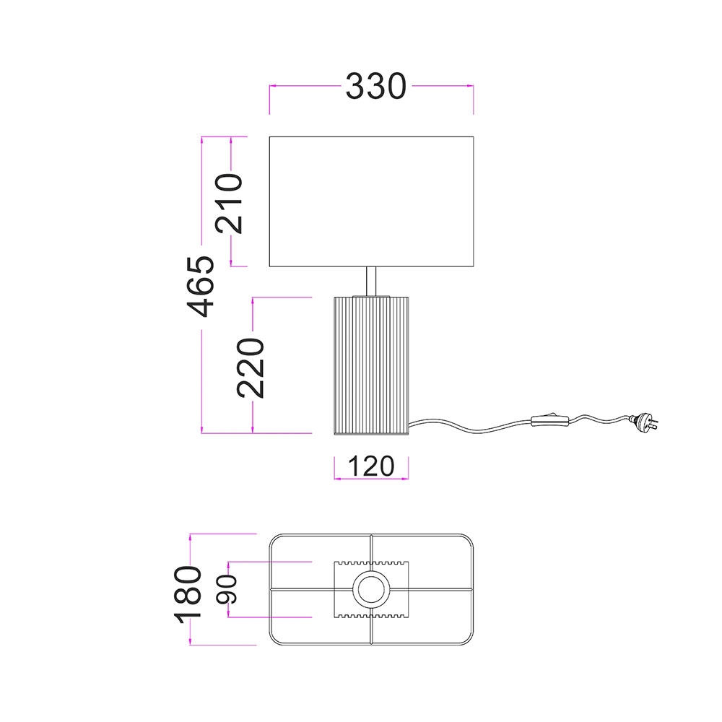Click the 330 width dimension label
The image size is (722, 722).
(375, 87)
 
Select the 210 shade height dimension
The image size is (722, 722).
(229, 203)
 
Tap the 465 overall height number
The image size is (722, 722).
(201, 287)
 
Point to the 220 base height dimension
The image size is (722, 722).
(251, 368)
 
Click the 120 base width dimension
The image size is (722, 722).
(371, 466)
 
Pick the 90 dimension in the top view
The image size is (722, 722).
(227, 589)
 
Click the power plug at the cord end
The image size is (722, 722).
(645, 421)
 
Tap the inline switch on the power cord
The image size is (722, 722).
(550, 420)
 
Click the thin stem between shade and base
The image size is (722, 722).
(371, 281)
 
